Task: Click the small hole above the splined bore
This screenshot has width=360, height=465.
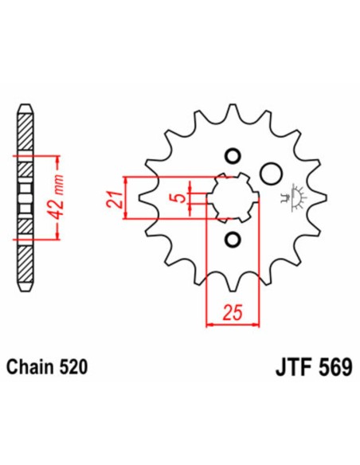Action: tap(233, 154)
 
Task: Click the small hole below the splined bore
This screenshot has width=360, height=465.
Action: tap(233, 238)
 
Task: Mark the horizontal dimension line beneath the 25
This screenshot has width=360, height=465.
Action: tap(233, 324)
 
